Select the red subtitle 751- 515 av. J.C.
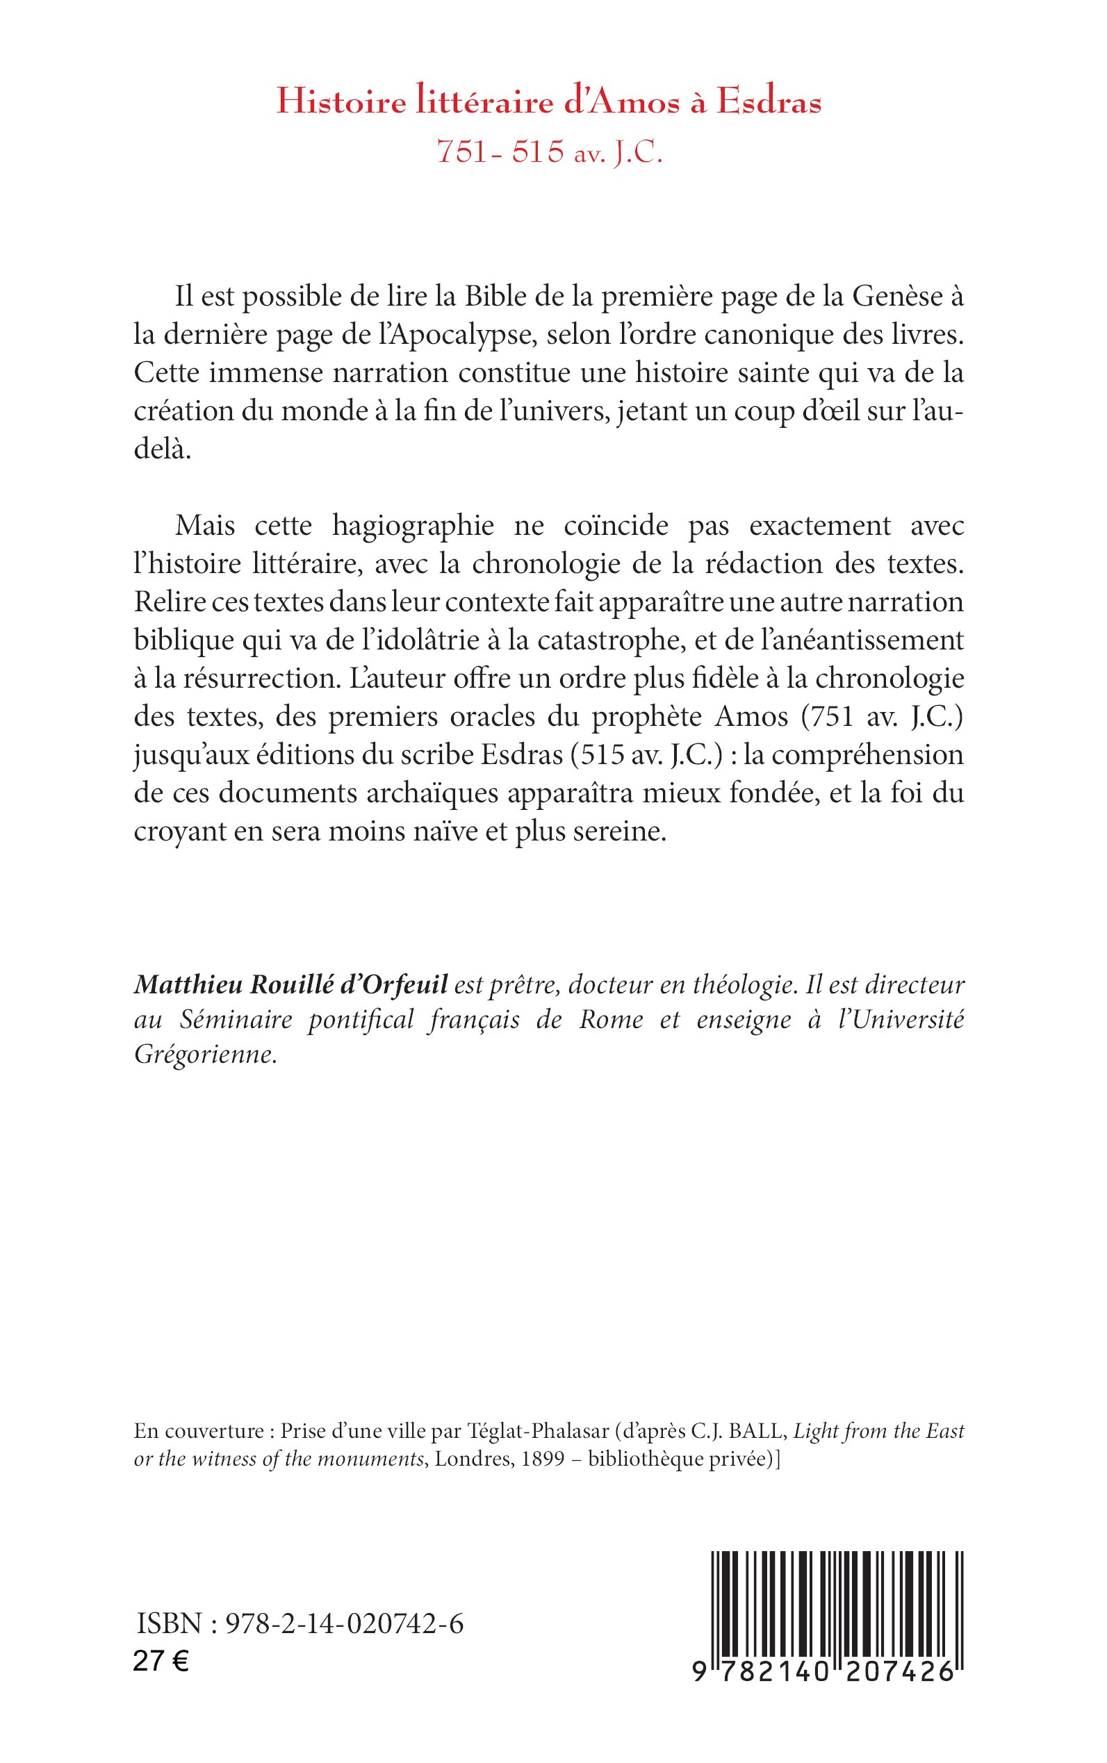pos(549,152)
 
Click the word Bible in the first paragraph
pos(498,298)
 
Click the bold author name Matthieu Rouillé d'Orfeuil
pos(290,986)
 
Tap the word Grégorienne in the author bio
pos(206,1056)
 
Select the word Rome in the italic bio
pos(611,1020)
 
